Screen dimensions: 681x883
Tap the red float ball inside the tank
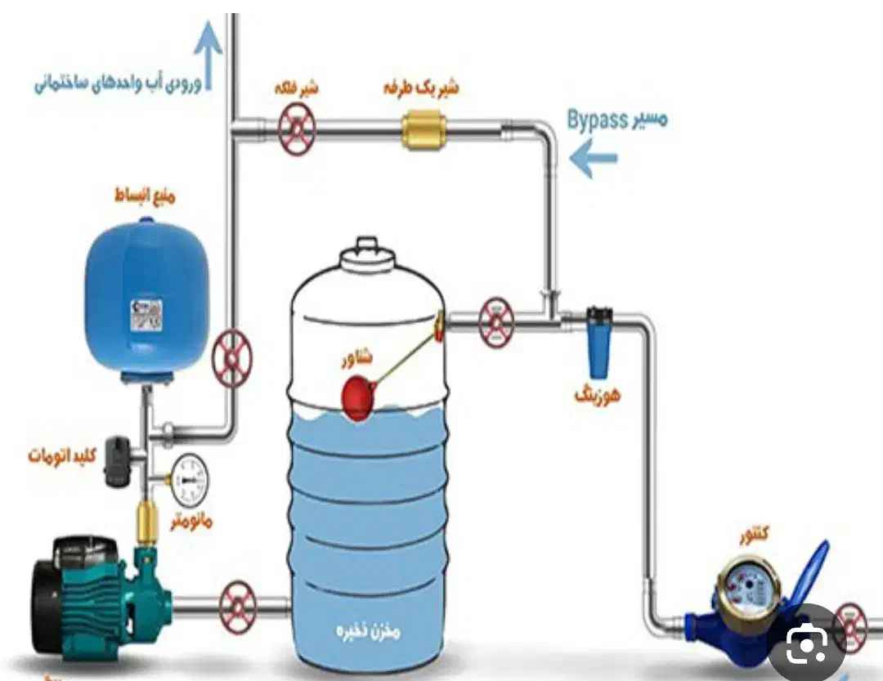point(357,398)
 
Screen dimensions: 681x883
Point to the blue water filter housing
point(599,343)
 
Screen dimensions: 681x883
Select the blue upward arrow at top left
point(210,53)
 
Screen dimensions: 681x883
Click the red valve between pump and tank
point(238,604)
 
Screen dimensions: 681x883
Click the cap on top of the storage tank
point(365,253)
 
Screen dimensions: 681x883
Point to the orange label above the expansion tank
point(145,196)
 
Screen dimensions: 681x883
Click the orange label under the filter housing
point(598,396)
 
